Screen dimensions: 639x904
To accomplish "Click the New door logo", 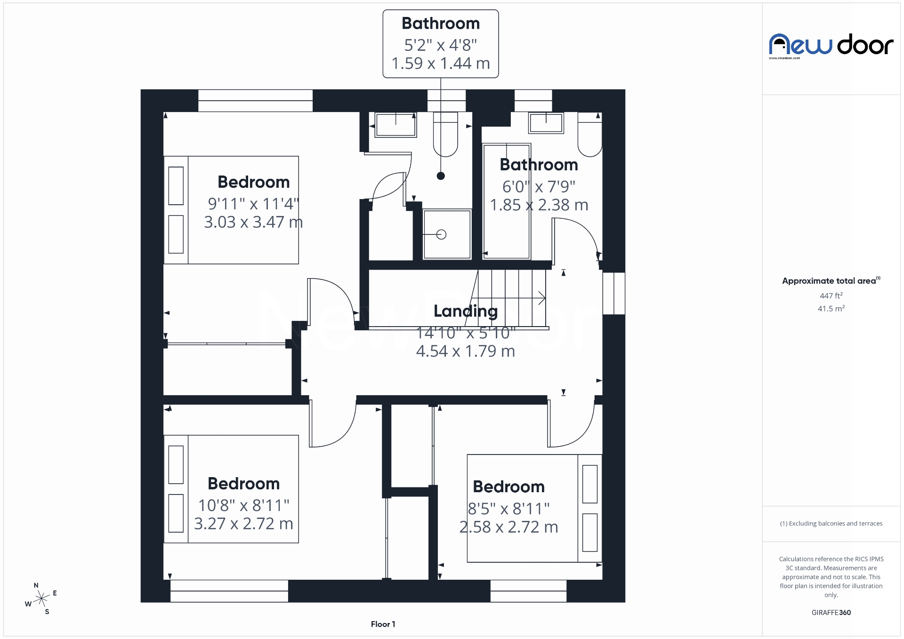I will click(x=831, y=46).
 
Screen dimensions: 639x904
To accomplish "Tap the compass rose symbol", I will click(x=42, y=599).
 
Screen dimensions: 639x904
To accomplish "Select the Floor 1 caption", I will click(x=383, y=624).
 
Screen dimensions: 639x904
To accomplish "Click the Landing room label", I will click(x=465, y=311).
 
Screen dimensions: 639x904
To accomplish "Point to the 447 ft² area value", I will click(x=831, y=296).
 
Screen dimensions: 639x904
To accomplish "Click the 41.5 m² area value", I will click(x=831, y=309).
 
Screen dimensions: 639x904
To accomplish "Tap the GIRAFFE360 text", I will click(x=831, y=612).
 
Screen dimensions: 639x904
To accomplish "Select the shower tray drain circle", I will click(x=441, y=234).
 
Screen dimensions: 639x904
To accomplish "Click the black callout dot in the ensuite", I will click(x=441, y=176).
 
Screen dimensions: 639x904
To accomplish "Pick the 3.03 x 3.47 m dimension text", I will click(x=253, y=222).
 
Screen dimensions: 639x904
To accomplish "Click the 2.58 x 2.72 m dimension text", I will click(x=508, y=527).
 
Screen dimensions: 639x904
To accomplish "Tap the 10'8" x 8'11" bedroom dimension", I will click(x=243, y=505).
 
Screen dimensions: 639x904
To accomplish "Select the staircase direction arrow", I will click(x=541, y=298).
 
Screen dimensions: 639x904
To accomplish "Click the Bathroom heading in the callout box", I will click(x=440, y=24).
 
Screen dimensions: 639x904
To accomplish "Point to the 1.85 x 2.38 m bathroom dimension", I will click(x=539, y=205).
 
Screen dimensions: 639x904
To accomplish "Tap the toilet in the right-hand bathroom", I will click(x=590, y=136).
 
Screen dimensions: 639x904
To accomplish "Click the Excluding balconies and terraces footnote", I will click(x=831, y=523).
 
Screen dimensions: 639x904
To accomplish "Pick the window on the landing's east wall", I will click(x=613, y=293).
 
